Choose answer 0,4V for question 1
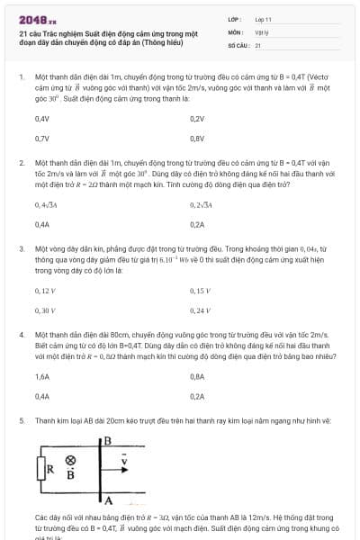[x=41, y=119]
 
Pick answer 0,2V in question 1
[x=197, y=119]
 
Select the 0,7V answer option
[x=41, y=139]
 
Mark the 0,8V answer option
[x=197, y=139]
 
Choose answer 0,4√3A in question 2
[x=46, y=204]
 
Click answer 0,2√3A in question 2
[x=201, y=204]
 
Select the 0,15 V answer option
[x=200, y=291]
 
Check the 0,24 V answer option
[x=200, y=310]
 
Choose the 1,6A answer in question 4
[x=41, y=376]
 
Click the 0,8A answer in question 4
[x=197, y=376]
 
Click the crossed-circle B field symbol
[x=71, y=459]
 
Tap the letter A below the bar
[x=107, y=499]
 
